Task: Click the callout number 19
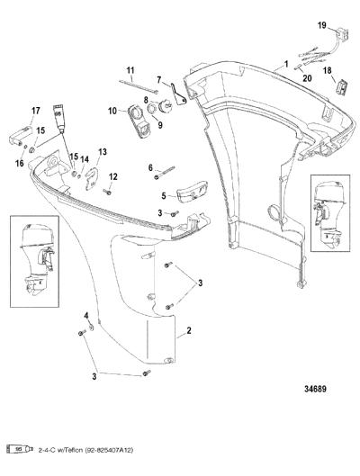pos(322,25)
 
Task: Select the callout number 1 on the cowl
pos(286,64)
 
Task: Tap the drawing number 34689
pos(315,389)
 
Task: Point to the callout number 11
pos(130,70)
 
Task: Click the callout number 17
pos(35,111)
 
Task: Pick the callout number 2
pos(189,330)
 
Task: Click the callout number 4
pos(86,316)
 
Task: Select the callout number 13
pos(103,151)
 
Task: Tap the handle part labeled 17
pos(21,135)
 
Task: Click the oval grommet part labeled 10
pos(139,121)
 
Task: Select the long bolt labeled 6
pos(165,173)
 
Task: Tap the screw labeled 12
pos(107,192)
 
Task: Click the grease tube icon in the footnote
pos(20,449)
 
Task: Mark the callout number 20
pos(307,78)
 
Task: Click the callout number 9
pos(159,124)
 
